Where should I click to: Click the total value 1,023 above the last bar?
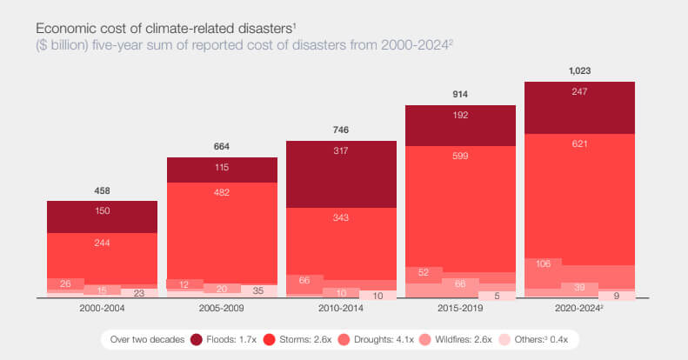[579, 70]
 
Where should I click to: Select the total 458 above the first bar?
[102, 190]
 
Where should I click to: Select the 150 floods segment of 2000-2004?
[102, 210]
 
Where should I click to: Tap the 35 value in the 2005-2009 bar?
[259, 290]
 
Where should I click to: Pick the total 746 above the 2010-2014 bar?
[341, 130]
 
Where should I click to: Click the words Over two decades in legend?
[146, 338]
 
